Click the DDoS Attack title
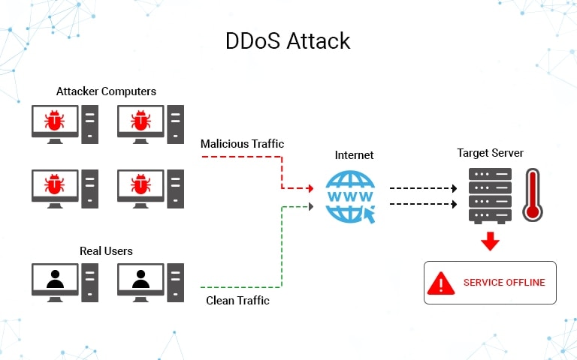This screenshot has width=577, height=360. [288, 40]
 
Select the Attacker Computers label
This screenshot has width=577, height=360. [106, 91]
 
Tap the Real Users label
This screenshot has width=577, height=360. [106, 250]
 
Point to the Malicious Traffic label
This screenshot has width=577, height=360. [242, 143]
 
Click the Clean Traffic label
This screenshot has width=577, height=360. [237, 301]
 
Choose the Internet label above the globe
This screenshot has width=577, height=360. [354, 155]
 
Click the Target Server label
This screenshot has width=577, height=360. [490, 153]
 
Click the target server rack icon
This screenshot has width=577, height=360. [490, 194]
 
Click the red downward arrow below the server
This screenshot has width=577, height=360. [491, 241]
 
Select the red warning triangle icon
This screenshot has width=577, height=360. [441, 283]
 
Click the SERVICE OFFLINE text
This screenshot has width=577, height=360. [504, 283]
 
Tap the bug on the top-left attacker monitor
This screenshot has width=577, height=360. [54, 120]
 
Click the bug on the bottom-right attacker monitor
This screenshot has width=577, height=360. [140, 183]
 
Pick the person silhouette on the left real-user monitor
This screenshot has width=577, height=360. [54, 279]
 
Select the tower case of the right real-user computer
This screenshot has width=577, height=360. [176, 283]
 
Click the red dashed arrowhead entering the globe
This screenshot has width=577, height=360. [310, 187]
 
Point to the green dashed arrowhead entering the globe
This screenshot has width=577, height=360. [310, 203]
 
